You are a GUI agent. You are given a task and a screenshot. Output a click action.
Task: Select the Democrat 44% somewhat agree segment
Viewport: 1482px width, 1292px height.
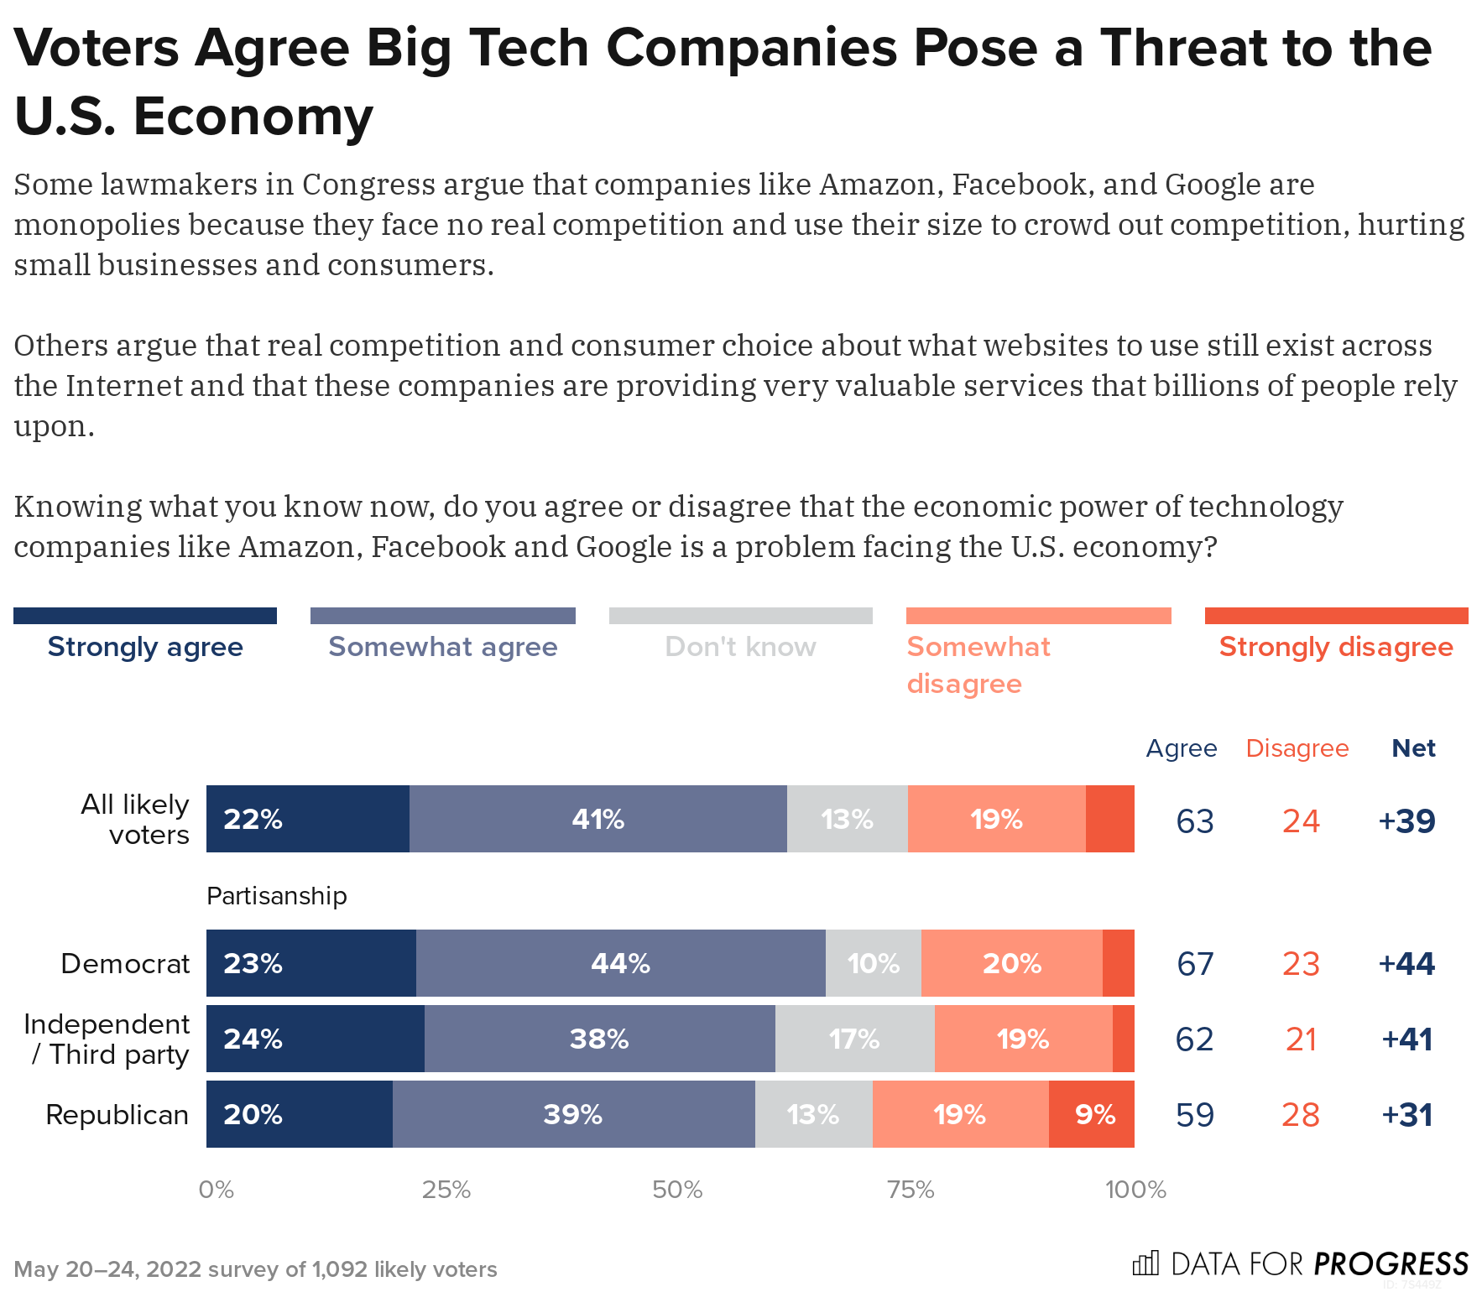pos(620,963)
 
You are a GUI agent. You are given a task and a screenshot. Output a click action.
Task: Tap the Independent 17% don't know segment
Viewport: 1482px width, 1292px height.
pos(854,1039)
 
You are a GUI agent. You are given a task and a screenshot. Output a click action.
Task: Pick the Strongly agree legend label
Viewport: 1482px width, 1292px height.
pos(145,647)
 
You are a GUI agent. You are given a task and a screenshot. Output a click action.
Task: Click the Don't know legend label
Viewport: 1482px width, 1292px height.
pos(740,647)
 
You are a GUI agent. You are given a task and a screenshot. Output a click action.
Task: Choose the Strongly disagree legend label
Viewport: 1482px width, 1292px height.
pos(1336,647)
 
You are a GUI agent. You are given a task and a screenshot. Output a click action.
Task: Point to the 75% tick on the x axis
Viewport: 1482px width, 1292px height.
pos(911,1190)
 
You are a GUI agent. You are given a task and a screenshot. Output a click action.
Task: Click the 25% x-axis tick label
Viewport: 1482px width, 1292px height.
pos(446,1190)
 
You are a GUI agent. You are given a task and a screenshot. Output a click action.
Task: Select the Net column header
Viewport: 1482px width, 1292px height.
pos(1413,748)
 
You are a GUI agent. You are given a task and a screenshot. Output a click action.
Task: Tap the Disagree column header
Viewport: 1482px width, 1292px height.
pos(1297,748)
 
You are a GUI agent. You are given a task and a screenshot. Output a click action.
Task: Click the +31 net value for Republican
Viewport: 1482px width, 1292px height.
pos(1407,1114)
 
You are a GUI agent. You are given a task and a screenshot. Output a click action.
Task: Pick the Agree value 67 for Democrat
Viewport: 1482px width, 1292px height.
pos(1195,963)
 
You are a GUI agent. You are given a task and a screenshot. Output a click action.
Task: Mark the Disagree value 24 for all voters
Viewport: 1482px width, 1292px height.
pos(1301,821)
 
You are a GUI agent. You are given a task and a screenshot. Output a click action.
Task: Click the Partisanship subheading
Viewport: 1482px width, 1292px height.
pos(276,896)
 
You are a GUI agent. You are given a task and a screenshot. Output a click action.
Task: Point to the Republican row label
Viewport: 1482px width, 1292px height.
pos(117,1114)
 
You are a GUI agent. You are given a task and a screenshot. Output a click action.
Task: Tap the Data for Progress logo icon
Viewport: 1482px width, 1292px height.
pos(1145,1263)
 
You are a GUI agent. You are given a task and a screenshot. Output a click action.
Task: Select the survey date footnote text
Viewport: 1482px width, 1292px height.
pos(255,1269)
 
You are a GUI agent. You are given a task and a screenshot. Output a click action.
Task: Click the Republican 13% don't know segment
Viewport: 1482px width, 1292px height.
pos(813,1114)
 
